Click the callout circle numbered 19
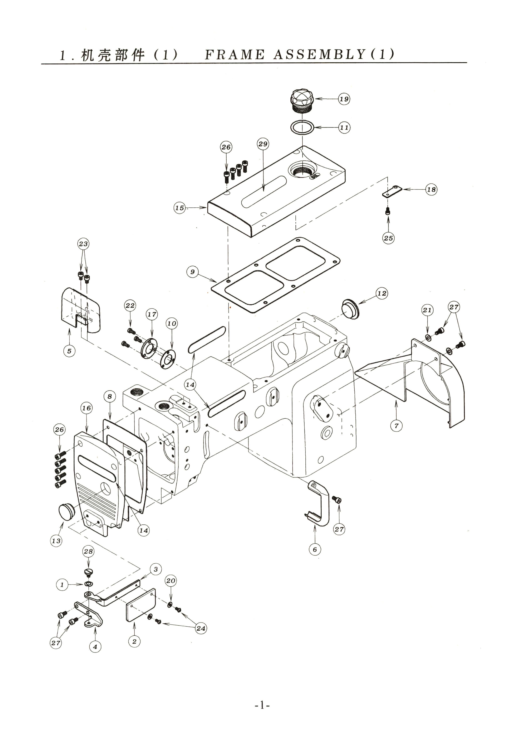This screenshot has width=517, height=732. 344,99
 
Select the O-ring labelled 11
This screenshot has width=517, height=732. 302,127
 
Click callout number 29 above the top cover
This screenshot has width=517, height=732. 263,144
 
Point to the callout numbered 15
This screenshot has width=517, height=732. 180,208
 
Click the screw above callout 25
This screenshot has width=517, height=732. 388,211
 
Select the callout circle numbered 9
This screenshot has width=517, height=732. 192,272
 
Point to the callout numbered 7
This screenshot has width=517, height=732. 396,426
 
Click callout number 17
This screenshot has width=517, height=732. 152,314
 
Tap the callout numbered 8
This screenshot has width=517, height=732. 110,396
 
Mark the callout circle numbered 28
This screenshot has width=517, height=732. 88,551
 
